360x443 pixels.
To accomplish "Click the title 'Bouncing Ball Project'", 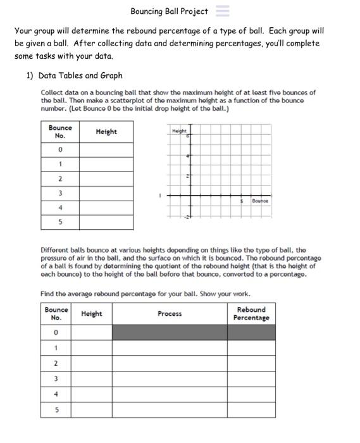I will [x=169, y=11].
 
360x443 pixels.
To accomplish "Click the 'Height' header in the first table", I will [x=106, y=132].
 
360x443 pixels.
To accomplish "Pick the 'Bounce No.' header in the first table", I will [x=60, y=132].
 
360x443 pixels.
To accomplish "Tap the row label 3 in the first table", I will [x=60, y=193].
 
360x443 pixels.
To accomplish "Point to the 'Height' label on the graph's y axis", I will [x=180, y=130].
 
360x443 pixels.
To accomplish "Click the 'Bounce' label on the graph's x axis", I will [x=260, y=201].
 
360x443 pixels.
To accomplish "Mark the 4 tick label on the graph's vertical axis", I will [x=187, y=156].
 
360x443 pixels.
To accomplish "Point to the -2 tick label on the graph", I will [x=185, y=218].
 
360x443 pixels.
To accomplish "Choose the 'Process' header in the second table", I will [x=170, y=314].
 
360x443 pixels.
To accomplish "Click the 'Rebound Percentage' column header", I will [x=251, y=314].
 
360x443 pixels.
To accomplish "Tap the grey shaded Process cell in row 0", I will [x=170, y=332].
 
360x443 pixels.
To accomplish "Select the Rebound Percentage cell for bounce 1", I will [x=251, y=347].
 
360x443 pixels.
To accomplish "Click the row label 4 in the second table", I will [x=56, y=394].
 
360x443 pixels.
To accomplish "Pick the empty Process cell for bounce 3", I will [x=170, y=379].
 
